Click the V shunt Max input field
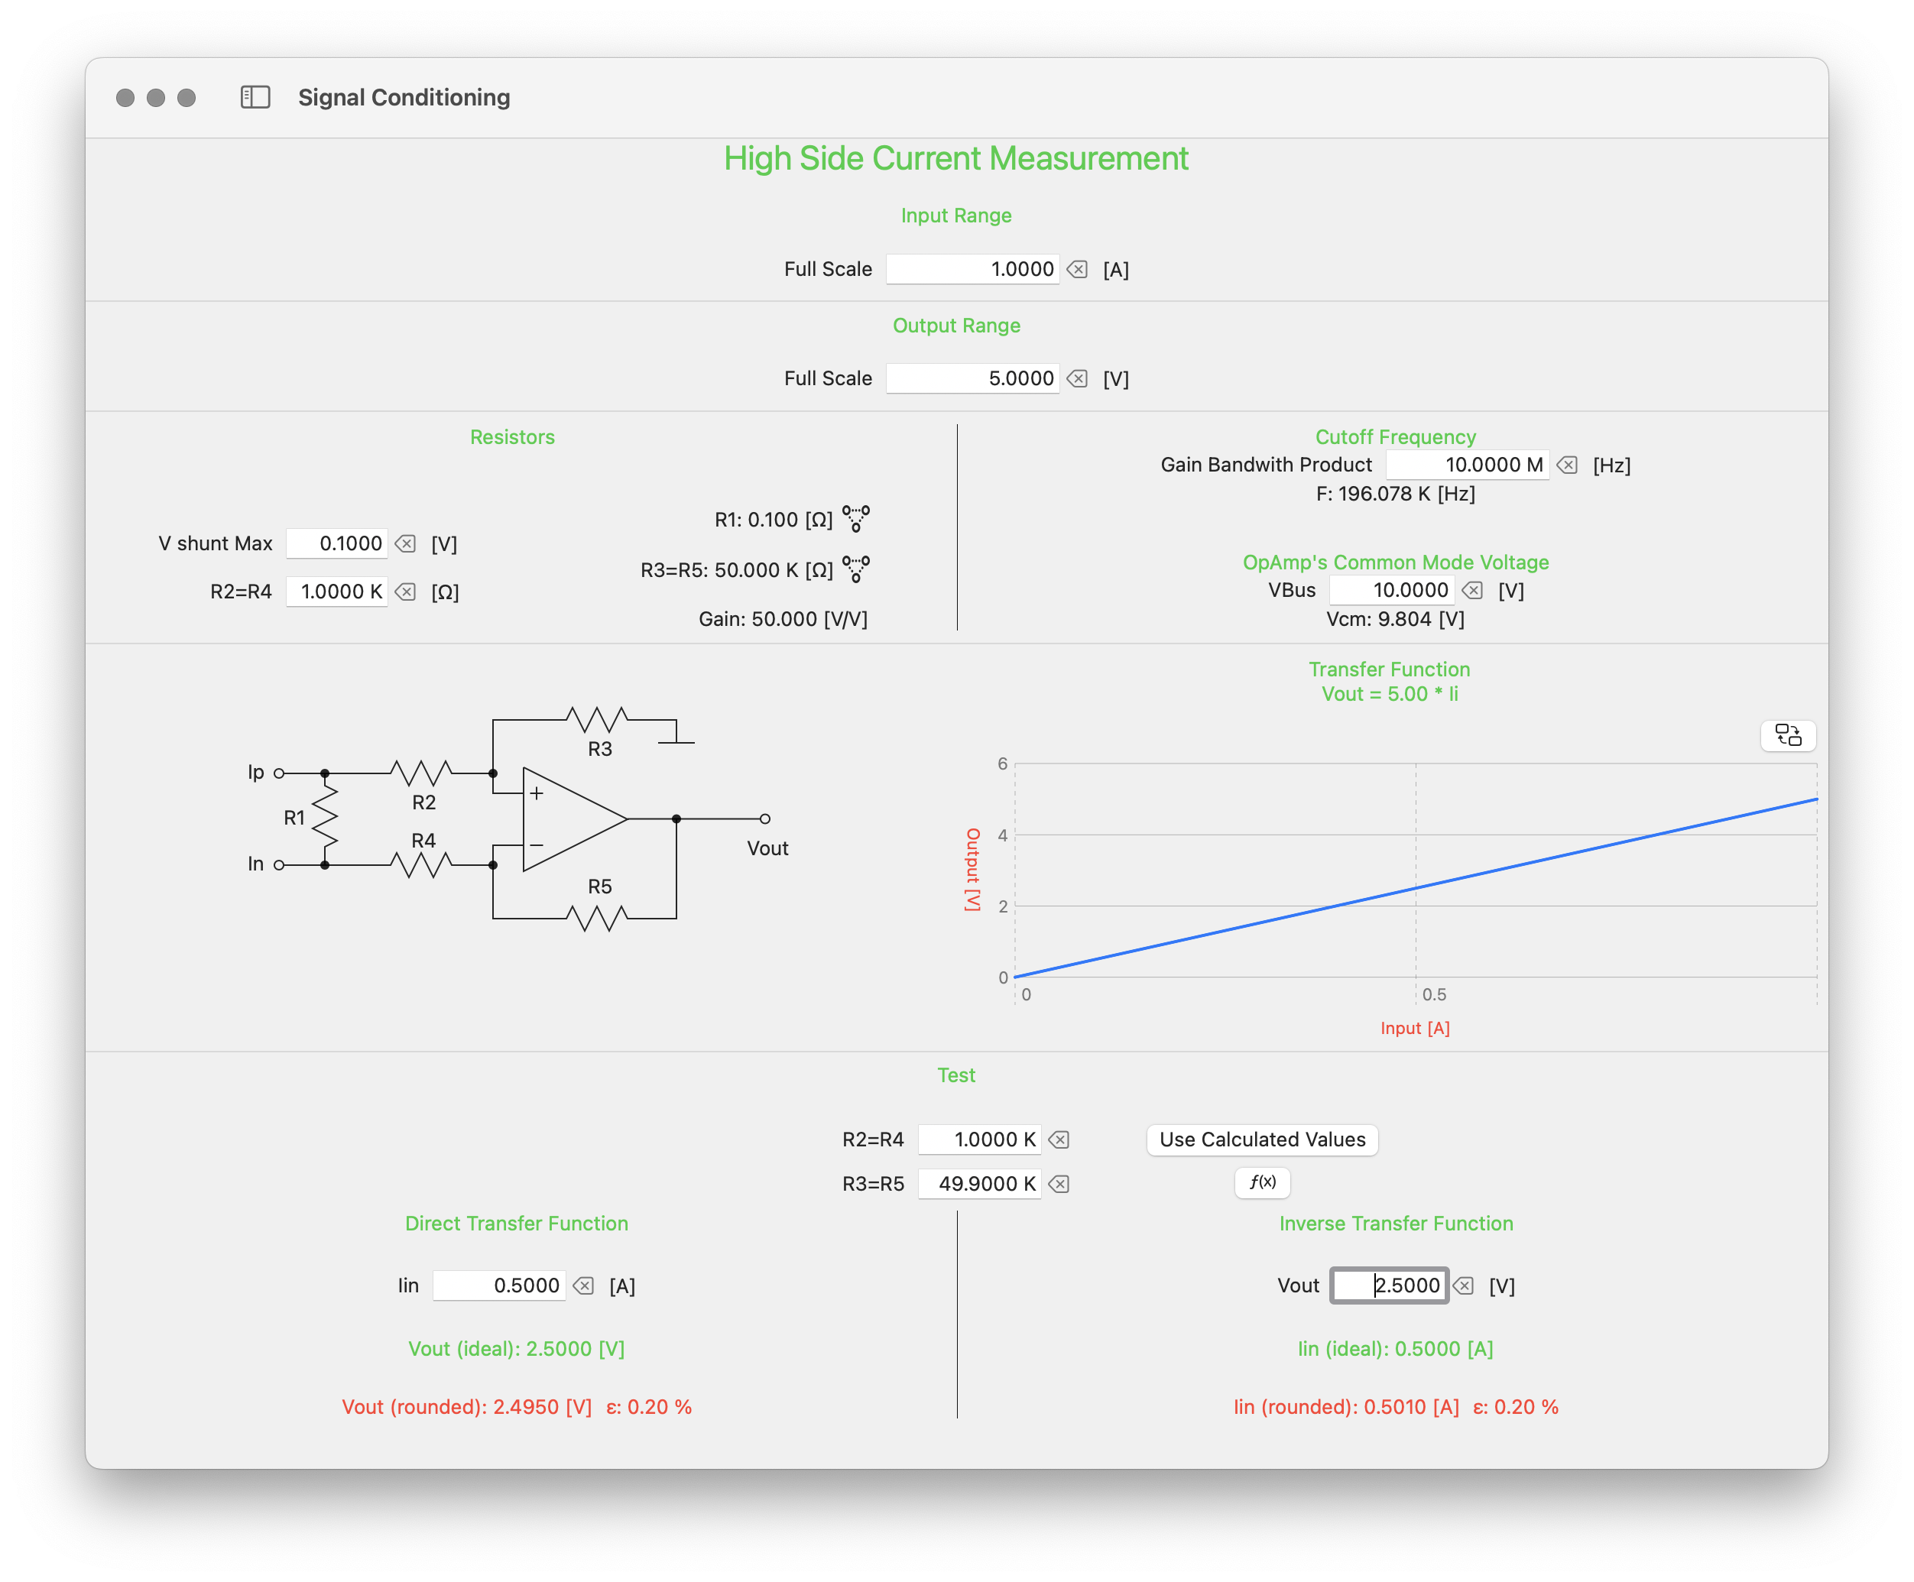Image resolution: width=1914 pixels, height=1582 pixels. click(337, 543)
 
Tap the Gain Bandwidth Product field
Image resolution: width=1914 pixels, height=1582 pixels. click(1467, 465)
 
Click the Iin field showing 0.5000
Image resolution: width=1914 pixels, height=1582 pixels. click(498, 1285)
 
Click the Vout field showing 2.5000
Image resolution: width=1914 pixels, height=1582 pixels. click(1388, 1285)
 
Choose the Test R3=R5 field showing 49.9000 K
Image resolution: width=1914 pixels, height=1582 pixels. click(979, 1184)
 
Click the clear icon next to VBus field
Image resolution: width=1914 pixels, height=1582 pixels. click(1472, 591)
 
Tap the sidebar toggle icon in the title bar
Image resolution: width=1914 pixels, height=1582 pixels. click(255, 98)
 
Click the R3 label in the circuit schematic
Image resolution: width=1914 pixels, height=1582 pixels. click(600, 749)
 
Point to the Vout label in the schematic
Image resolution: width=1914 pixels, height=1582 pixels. click(767, 848)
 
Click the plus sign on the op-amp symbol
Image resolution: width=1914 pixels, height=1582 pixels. click(537, 794)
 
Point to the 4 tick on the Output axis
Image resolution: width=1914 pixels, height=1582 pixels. click(1003, 835)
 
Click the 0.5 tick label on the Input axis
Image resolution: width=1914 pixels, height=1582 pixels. click(1434, 994)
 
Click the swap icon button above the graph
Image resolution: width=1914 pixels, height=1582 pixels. click(1787, 735)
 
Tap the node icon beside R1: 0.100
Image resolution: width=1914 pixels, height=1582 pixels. click(856, 518)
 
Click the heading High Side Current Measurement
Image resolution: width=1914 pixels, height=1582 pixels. click(956, 158)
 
